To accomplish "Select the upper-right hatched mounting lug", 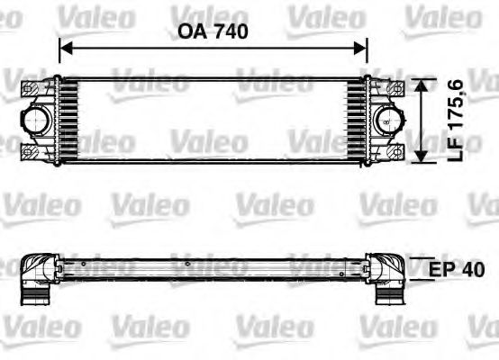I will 393,88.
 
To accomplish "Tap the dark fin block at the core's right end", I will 357,120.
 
